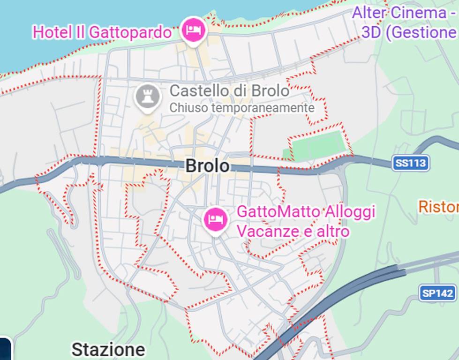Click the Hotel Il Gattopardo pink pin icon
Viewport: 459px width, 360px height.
tap(194, 30)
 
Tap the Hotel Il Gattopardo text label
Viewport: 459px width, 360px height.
tap(102, 32)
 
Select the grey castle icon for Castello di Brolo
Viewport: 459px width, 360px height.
tap(147, 97)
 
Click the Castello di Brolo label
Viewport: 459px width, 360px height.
tap(229, 90)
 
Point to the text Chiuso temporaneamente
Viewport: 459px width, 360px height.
tap(241, 108)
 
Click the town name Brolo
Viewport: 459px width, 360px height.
tap(208, 165)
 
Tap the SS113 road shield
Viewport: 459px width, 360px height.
tap(411, 163)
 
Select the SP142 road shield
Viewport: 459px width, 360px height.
tap(438, 293)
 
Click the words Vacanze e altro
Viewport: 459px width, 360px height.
tap(293, 231)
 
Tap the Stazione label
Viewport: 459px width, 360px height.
tap(108, 350)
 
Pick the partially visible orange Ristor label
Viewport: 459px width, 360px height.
tap(438, 206)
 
